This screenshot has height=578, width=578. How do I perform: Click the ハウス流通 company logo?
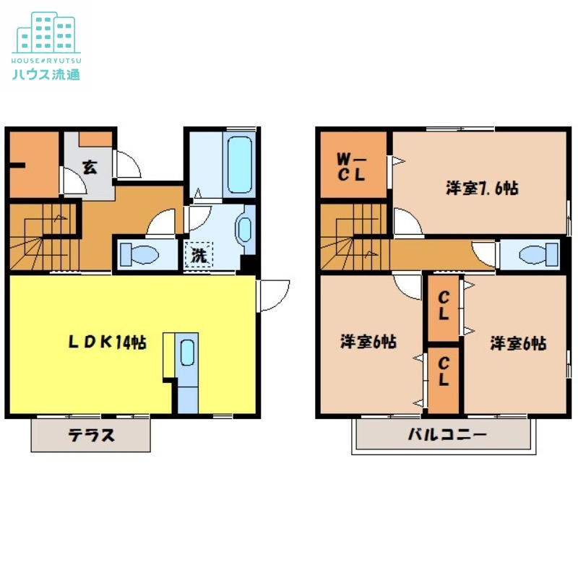(x=46, y=45)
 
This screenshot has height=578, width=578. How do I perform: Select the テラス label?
(x=91, y=436)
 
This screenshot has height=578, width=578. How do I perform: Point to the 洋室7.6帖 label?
(x=481, y=189)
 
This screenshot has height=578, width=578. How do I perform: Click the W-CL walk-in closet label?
(x=353, y=166)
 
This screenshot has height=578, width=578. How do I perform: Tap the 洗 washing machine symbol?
(x=197, y=255)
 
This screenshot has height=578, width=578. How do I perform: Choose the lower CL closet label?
(x=444, y=371)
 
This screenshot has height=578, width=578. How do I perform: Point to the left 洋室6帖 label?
(x=368, y=342)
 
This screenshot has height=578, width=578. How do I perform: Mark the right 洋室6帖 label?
(x=517, y=343)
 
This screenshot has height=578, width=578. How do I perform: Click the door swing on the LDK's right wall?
(x=272, y=295)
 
